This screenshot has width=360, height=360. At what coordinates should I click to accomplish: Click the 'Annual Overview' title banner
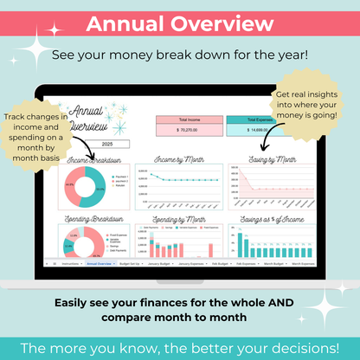(x=180, y=23)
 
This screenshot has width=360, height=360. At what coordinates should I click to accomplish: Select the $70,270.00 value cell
(x=184, y=130)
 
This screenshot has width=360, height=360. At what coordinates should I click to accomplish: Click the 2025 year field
(x=107, y=144)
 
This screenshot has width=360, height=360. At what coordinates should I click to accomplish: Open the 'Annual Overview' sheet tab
(x=100, y=261)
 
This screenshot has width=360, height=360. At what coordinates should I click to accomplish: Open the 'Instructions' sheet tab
(x=72, y=261)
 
